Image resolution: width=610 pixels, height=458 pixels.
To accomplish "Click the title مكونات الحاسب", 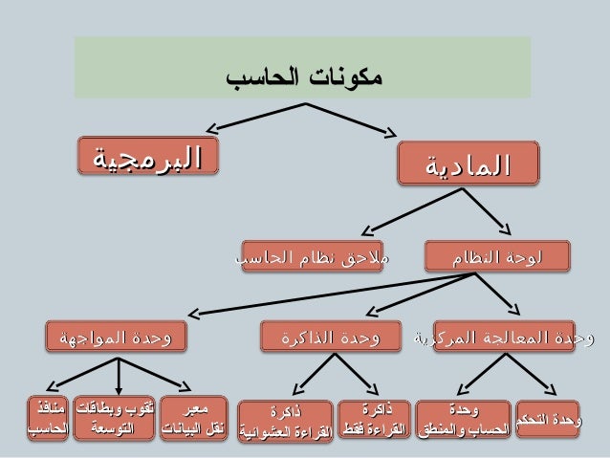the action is (304, 76).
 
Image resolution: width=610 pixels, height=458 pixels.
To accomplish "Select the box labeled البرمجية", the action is (147, 158).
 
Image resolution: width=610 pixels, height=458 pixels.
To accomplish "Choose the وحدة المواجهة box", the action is (118, 338).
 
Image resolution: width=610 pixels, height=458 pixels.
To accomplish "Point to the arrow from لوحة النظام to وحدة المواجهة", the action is (325, 293).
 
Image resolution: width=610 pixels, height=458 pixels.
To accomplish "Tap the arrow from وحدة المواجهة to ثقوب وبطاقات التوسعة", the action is (117, 374).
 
